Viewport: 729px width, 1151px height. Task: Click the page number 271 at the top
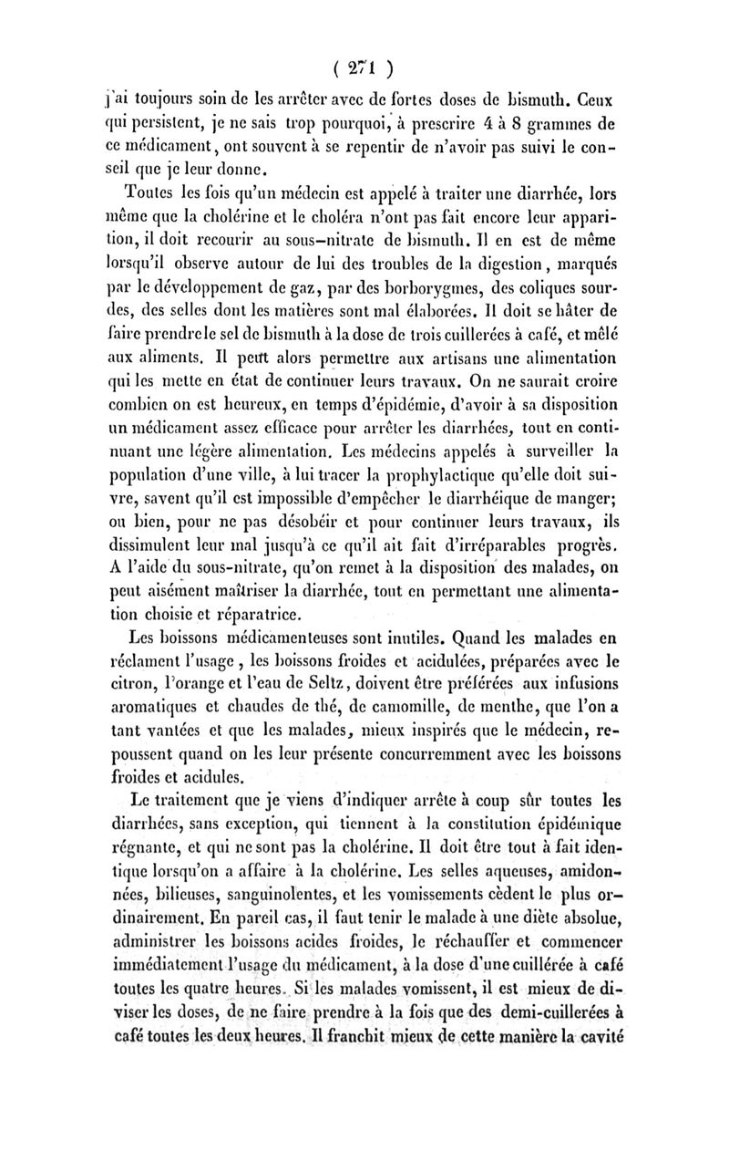[x=364, y=66]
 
